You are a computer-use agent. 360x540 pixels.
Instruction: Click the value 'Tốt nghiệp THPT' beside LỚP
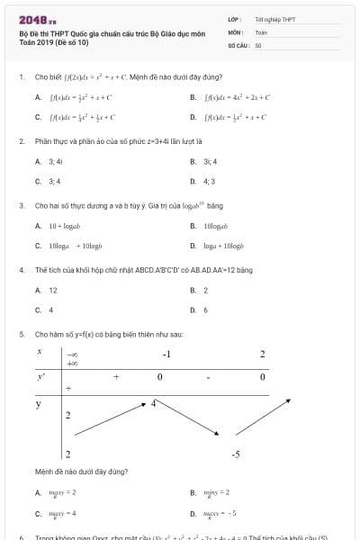[x=275, y=19]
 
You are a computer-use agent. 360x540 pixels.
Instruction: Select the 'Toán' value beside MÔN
[x=261, y=31]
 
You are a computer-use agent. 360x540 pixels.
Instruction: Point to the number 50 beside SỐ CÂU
[x=258, y=44]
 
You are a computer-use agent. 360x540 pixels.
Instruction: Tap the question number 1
[x=21, y=77]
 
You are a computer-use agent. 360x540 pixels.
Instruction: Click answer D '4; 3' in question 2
[x=209, y=181]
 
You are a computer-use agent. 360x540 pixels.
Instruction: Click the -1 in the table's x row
[x=166, y=354]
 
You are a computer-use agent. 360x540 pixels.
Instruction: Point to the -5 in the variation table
[x=235, y=454]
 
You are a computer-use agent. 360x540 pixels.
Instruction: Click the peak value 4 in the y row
[x=154, y=402]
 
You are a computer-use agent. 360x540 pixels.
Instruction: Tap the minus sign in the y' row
[x=208, y=377]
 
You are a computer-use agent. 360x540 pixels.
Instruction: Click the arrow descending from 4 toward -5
[x=194, y=422]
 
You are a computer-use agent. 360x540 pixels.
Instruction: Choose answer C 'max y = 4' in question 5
[x=62, y=513]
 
